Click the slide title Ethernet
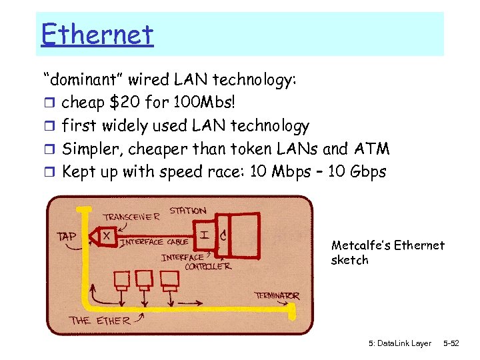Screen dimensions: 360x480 point(97,34)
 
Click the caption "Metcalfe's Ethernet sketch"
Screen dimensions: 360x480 point(387,253)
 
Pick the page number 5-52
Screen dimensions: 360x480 point(451,343)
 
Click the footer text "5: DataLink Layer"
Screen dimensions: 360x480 point(399,343)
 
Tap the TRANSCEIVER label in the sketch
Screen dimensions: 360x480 point(131,217)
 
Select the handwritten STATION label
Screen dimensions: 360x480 point(188,211)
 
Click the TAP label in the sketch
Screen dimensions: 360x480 point(67,236)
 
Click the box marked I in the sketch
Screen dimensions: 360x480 point(205,234)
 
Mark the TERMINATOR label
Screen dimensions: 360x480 point(277,295)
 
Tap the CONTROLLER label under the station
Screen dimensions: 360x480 point(208,266)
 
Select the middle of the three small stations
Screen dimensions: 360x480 point(144,277)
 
